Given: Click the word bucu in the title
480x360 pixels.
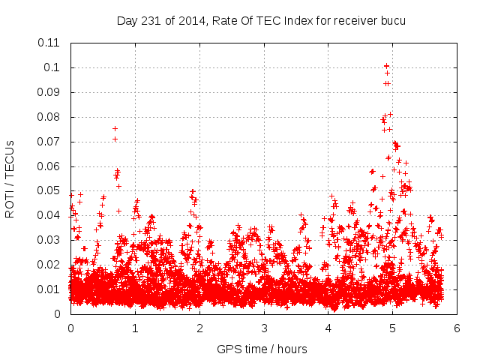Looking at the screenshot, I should pos(392,20).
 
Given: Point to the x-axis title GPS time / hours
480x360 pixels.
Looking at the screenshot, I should pos(262,349).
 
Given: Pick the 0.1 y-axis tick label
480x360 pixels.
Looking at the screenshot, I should pos(56,67).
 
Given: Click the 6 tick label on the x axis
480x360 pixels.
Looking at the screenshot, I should pos(457,328).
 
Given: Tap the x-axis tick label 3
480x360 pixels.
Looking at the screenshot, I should pos(264,328).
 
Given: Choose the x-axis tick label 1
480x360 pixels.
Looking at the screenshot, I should pos(135,328).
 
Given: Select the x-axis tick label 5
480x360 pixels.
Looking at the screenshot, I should pos(393,328).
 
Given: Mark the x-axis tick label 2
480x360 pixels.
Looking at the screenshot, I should pos(199,328).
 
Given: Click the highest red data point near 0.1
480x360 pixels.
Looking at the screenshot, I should pos(386,66).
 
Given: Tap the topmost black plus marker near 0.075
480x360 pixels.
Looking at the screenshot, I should pos(115,128).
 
